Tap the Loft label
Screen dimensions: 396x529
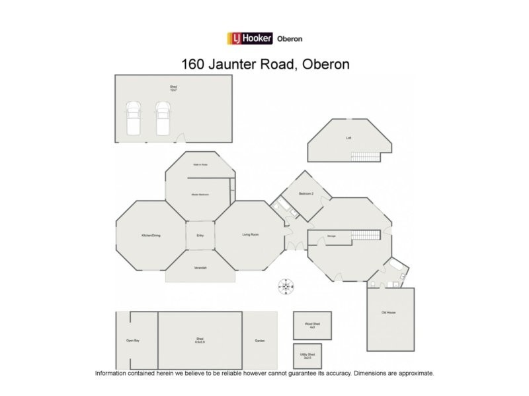(x=348, y=138)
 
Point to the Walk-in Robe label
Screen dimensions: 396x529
(x=200, y=165)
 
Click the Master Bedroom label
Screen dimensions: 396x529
(x=200, y=195)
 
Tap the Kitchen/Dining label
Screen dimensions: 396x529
(x=151, y=236)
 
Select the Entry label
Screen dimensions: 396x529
(x=200, y=236)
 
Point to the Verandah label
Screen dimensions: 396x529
(x=200, y=267)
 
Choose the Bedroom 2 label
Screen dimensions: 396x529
(x=305, y=193)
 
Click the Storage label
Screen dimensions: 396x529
(x=331, y=236)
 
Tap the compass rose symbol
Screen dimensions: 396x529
(x=286, y=286)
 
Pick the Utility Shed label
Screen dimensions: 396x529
(x=307, y=356)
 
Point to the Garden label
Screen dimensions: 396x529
(x=260, y=341)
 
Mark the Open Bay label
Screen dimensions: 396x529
(x=132, y=341)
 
